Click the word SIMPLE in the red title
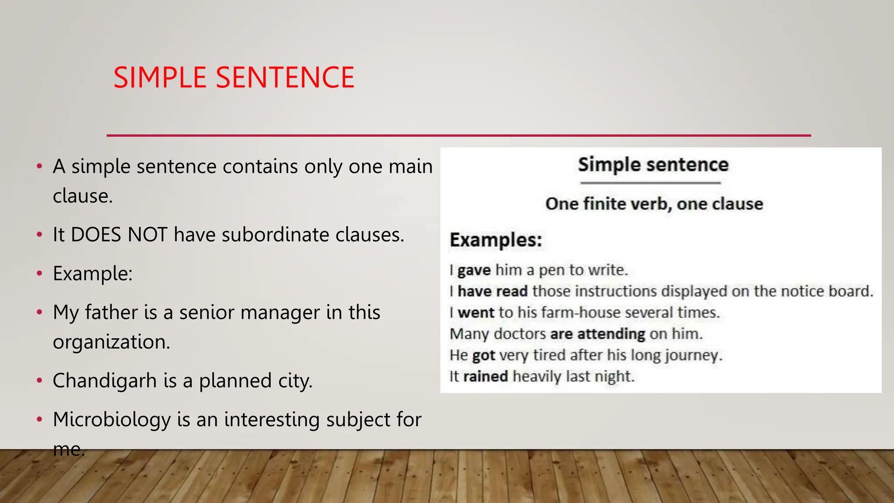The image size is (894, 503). (x=160, y=78)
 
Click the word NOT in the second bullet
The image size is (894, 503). (x=148, y=235)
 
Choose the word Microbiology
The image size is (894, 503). (x=112, y=420)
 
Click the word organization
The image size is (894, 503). (x=111, y=342)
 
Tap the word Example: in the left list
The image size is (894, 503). (x=93, y=274)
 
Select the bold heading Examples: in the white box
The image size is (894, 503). (x=496, y=240)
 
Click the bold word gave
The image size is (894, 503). (x=474, y=270)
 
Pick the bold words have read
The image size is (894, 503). (x=492, y=291)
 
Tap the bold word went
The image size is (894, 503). (x=476, y=313)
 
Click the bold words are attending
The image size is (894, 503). (x=598, y=334)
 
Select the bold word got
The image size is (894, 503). (x=484, y=355)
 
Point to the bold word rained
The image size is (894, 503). (x=485, y=376)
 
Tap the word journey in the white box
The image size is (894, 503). (x=693, y=355)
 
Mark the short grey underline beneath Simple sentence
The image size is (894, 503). (x=650, y=183)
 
